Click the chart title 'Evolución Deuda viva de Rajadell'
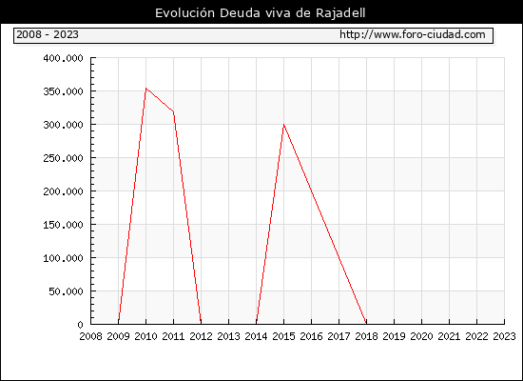(261, 13)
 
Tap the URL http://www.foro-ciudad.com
(413, 34)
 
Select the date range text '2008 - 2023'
(48, 34)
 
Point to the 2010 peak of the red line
(145, 89)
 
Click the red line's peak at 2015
(284, 125)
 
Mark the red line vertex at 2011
(173, 111)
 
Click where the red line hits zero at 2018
(366, 324)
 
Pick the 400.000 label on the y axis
(63, 58)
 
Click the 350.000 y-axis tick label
(63, 91)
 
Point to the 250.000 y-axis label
(63, 158)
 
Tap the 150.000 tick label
(63, 225)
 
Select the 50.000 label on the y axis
(66, 291)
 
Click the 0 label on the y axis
(80, 325)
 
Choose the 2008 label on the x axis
(90, 336)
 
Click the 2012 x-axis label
(201, 336)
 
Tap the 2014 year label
(256, 336)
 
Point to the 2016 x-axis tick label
(311, 336)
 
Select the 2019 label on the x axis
(394, 336)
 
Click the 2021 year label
(449, 336)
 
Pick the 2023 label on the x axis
(504, 336)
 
